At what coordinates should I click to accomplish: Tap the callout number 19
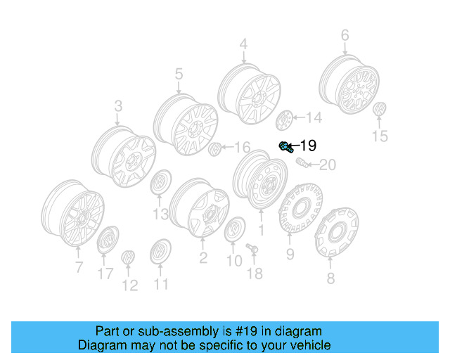click(308, 146)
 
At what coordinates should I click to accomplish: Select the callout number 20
click(328, 166)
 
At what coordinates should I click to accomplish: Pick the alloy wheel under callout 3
click(124, 156)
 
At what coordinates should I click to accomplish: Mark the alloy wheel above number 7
click(73, 216)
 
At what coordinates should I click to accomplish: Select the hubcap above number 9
click(300, 207)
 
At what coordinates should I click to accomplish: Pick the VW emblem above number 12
click(128, 259)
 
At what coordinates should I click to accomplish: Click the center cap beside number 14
click(285, 120)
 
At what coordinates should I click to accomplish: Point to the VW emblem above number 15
click(380, 112)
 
